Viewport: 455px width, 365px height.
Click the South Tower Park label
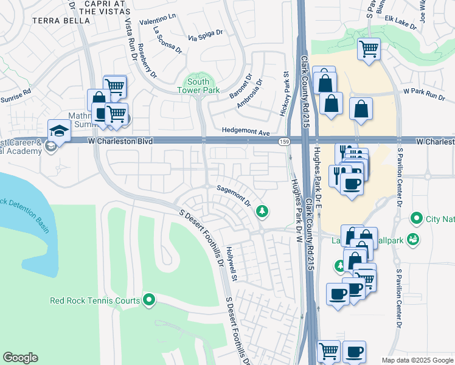click(198, 86)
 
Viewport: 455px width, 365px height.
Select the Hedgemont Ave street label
click(245, 131)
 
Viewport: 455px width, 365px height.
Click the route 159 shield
click(284, 141)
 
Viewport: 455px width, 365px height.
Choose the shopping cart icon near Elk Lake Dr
click(369, 48)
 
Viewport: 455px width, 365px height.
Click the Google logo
click(21, 358)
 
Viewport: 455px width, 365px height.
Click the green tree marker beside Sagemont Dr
click(262, 211)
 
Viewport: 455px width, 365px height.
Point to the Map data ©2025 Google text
click(417, 360)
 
